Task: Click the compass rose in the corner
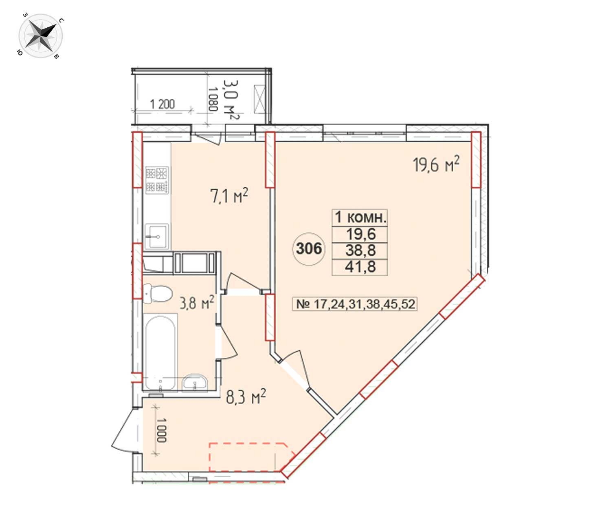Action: (41, 36)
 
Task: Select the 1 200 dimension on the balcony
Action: (163, 104)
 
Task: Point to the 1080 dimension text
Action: (213, 99)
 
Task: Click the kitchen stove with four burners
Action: (157, 180)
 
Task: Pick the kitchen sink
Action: (157, 236)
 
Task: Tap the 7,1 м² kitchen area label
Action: (229, 195)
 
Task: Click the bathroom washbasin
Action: (195, 382)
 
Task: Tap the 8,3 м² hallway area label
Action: (246, 397)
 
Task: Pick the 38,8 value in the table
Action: (360, 250)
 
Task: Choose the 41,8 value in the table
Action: (360, 267)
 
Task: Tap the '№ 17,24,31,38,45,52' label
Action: (355, 304)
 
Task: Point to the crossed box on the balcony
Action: (259, 99)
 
